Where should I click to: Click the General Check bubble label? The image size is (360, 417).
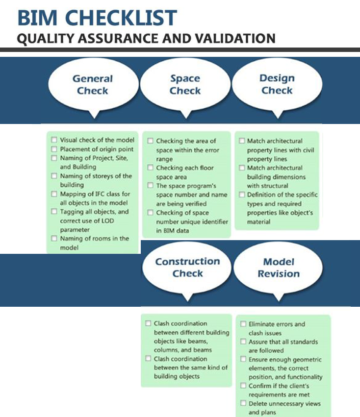93,84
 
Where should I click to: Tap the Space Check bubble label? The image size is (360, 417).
185,84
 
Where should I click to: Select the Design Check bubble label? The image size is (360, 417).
277,84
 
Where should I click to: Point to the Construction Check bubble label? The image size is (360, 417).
187,267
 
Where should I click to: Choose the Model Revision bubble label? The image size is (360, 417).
278,268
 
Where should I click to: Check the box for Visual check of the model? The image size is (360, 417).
54,140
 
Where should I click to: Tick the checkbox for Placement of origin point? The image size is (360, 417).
54,149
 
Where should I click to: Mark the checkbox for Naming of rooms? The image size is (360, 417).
54,239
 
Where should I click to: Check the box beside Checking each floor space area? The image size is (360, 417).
150,168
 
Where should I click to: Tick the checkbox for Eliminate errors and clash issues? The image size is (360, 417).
243,324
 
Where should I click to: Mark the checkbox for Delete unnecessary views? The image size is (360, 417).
243,404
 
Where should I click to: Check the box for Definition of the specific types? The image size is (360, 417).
242,195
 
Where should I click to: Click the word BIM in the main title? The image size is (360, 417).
35,18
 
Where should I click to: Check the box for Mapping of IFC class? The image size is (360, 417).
54,194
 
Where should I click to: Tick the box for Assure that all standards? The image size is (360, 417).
243,342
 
